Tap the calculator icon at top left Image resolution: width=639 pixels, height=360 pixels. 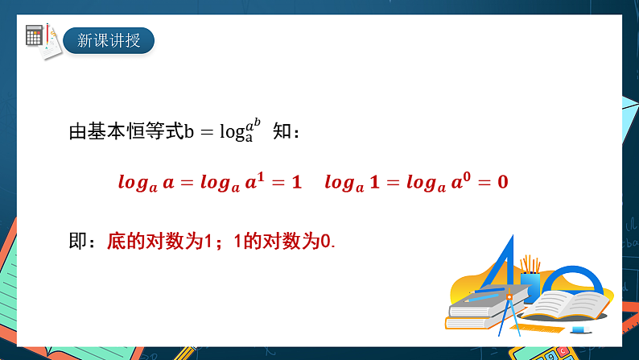34,35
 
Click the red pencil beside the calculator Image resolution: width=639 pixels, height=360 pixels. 49,35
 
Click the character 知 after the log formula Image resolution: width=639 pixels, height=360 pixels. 283,132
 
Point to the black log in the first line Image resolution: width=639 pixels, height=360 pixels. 232,133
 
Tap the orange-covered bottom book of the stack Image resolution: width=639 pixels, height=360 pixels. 475,323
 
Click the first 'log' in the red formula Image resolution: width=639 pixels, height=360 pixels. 134,182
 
